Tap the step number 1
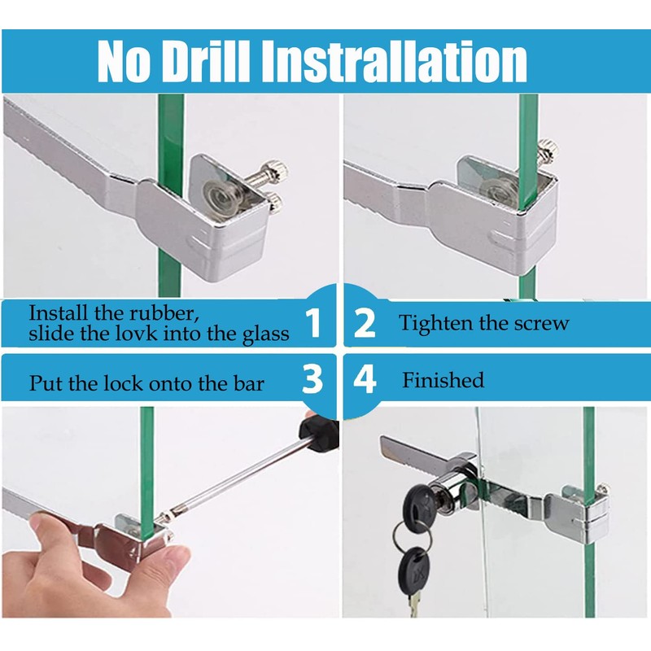(x=313, y=323)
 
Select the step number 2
(x=364, y=323)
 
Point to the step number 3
(x=312, y=379)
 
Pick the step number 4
(x=365, y=379)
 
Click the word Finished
(x=443, y=380)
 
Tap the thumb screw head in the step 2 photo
(x=547, y=151)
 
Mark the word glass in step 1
(x=266, y=334)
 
